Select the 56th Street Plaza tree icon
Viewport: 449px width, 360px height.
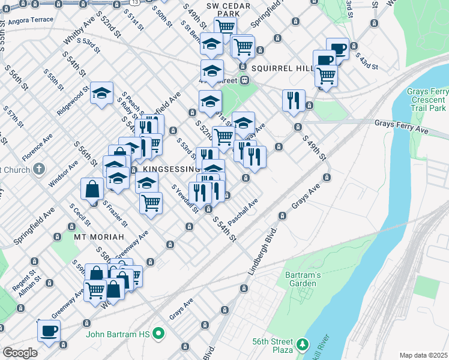(x=303, y=345)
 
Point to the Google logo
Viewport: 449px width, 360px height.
(x=20, y=353)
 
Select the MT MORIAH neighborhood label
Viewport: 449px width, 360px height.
(x=94, y=236)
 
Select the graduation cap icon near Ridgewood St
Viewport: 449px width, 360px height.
(x=102, y=93)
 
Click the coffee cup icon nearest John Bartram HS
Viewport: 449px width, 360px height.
(x=49, y=330)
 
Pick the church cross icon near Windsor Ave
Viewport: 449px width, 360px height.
(x=39, y=169)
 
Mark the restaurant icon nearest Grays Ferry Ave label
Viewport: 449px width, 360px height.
(x=294, y=100)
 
